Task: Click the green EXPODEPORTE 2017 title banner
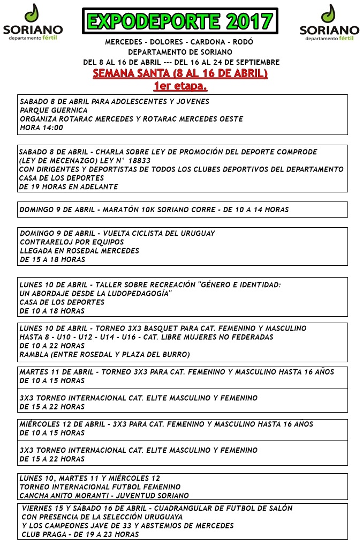pyautogui.click(x=180, y=21)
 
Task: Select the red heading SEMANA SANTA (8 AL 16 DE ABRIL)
pyautogui.click(x=180, y=74)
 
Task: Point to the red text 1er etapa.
pyautogui.click(x=180, y=86)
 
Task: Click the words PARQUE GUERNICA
pyautogui.click(x=54, y=110)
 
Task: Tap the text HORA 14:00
pyautogui.click(x=41, y=128)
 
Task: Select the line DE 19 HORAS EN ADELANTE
pyautogui.click(x=69, y=186)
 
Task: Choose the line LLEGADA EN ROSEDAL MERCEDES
pyautogui.click(x=79, y=251)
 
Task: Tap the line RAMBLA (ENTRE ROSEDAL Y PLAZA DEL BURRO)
pyautogui.click(x=105, y=354)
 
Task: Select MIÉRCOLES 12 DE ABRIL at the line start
pyautogui.click(x=62, y=424)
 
